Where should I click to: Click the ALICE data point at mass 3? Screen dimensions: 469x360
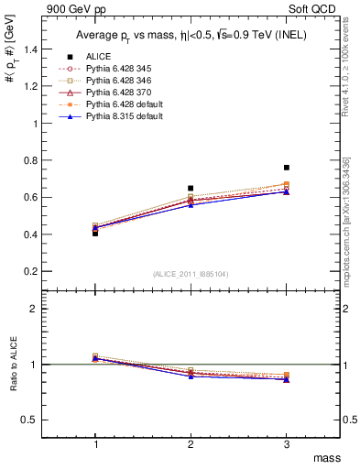[x=286, y=168]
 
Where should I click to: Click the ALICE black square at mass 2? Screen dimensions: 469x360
[x=191, y=189]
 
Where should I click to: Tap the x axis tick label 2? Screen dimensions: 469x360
[x=191, y=443]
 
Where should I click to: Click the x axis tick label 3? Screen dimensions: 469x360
[x=286, y=443]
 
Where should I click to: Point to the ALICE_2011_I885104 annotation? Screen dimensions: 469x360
[x=191, y=273]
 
